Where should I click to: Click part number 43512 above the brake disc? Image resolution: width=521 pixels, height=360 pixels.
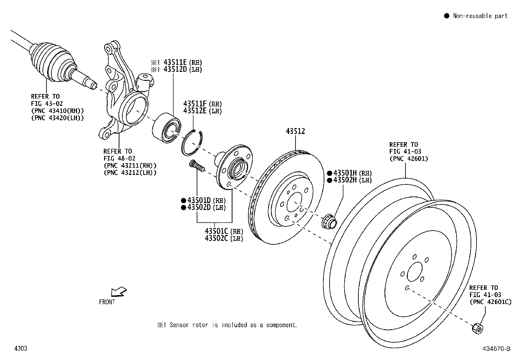point(295,131)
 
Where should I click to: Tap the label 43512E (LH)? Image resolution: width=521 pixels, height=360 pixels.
point(202,111)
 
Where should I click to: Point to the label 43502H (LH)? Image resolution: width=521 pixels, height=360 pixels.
point(352,180)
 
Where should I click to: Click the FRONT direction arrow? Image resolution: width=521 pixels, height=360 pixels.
point(118,291)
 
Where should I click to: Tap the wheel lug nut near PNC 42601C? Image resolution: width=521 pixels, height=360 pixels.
point(477,328)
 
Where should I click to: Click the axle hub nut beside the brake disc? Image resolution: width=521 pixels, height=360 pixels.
point(328,221)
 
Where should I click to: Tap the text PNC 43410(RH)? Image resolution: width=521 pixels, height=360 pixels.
point(57,111)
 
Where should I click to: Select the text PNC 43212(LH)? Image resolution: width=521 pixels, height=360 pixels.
point(130,173)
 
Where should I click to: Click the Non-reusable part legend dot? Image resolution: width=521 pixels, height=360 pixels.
point(446,16)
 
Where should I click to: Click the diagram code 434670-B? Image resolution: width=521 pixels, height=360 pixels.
point(496,349)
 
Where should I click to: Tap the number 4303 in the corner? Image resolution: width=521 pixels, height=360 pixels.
point(21,348)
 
